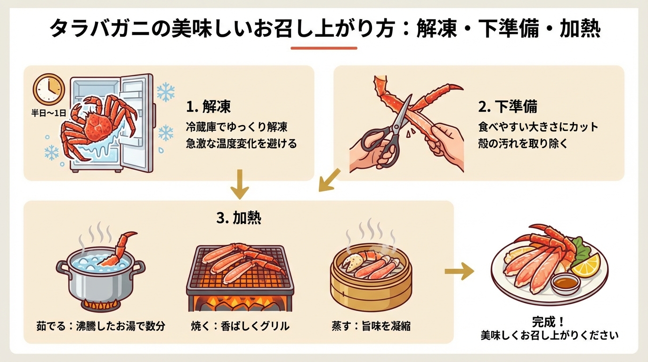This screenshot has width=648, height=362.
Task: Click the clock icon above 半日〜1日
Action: point(49,89)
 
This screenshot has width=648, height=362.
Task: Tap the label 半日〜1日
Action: point(49,114)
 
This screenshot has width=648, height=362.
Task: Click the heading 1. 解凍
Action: point(209,107)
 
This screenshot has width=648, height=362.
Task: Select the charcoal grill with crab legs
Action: point(240,278)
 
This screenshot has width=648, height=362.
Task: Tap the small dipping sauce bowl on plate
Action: point(565,284)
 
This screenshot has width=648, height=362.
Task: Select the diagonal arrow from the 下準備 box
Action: point(330,180)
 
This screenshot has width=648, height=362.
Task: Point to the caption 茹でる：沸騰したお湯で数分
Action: point(100,326)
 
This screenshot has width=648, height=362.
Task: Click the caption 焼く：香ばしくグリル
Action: point(240,326)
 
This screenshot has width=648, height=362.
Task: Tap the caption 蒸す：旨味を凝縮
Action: point(371,326)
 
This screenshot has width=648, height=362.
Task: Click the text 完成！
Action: point(548,322)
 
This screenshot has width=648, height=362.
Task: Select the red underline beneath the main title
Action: point(324,48)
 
